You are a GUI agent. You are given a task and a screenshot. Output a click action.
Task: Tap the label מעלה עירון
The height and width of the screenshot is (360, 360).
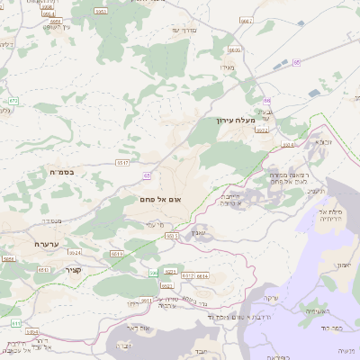[237, 120]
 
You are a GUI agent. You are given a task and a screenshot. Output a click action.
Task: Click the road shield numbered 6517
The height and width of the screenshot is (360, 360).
[123, 163]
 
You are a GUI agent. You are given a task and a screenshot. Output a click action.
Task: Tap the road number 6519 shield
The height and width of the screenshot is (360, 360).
[117, 256]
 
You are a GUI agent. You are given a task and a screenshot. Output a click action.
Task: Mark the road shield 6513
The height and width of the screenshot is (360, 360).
[172, 235]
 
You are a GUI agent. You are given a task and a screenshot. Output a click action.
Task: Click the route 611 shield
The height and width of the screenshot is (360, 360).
[15, 321]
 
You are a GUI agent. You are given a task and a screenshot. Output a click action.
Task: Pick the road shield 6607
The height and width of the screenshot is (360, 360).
[247, 20]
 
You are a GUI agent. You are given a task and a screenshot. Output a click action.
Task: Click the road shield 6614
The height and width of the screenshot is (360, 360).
[202, 275]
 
